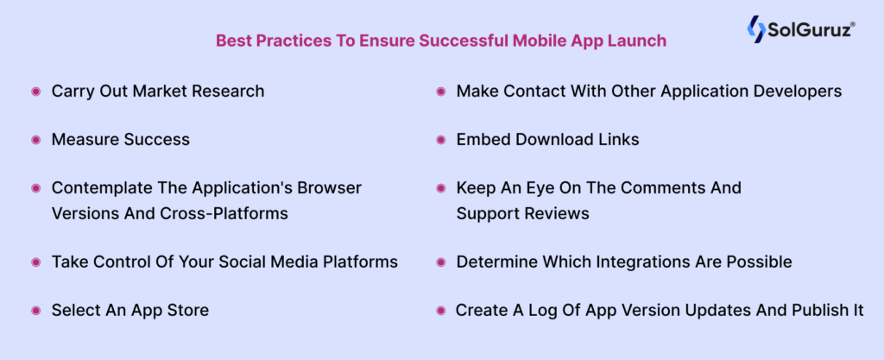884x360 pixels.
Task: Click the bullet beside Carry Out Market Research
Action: click(36, 92)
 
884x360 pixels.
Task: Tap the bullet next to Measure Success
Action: click(36, 140)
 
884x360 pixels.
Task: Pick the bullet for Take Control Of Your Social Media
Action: click(36, 262)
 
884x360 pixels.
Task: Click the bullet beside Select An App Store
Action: click(36, 311)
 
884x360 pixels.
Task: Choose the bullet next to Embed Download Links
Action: click(440, 140)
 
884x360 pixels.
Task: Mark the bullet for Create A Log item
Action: click(440, 311)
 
